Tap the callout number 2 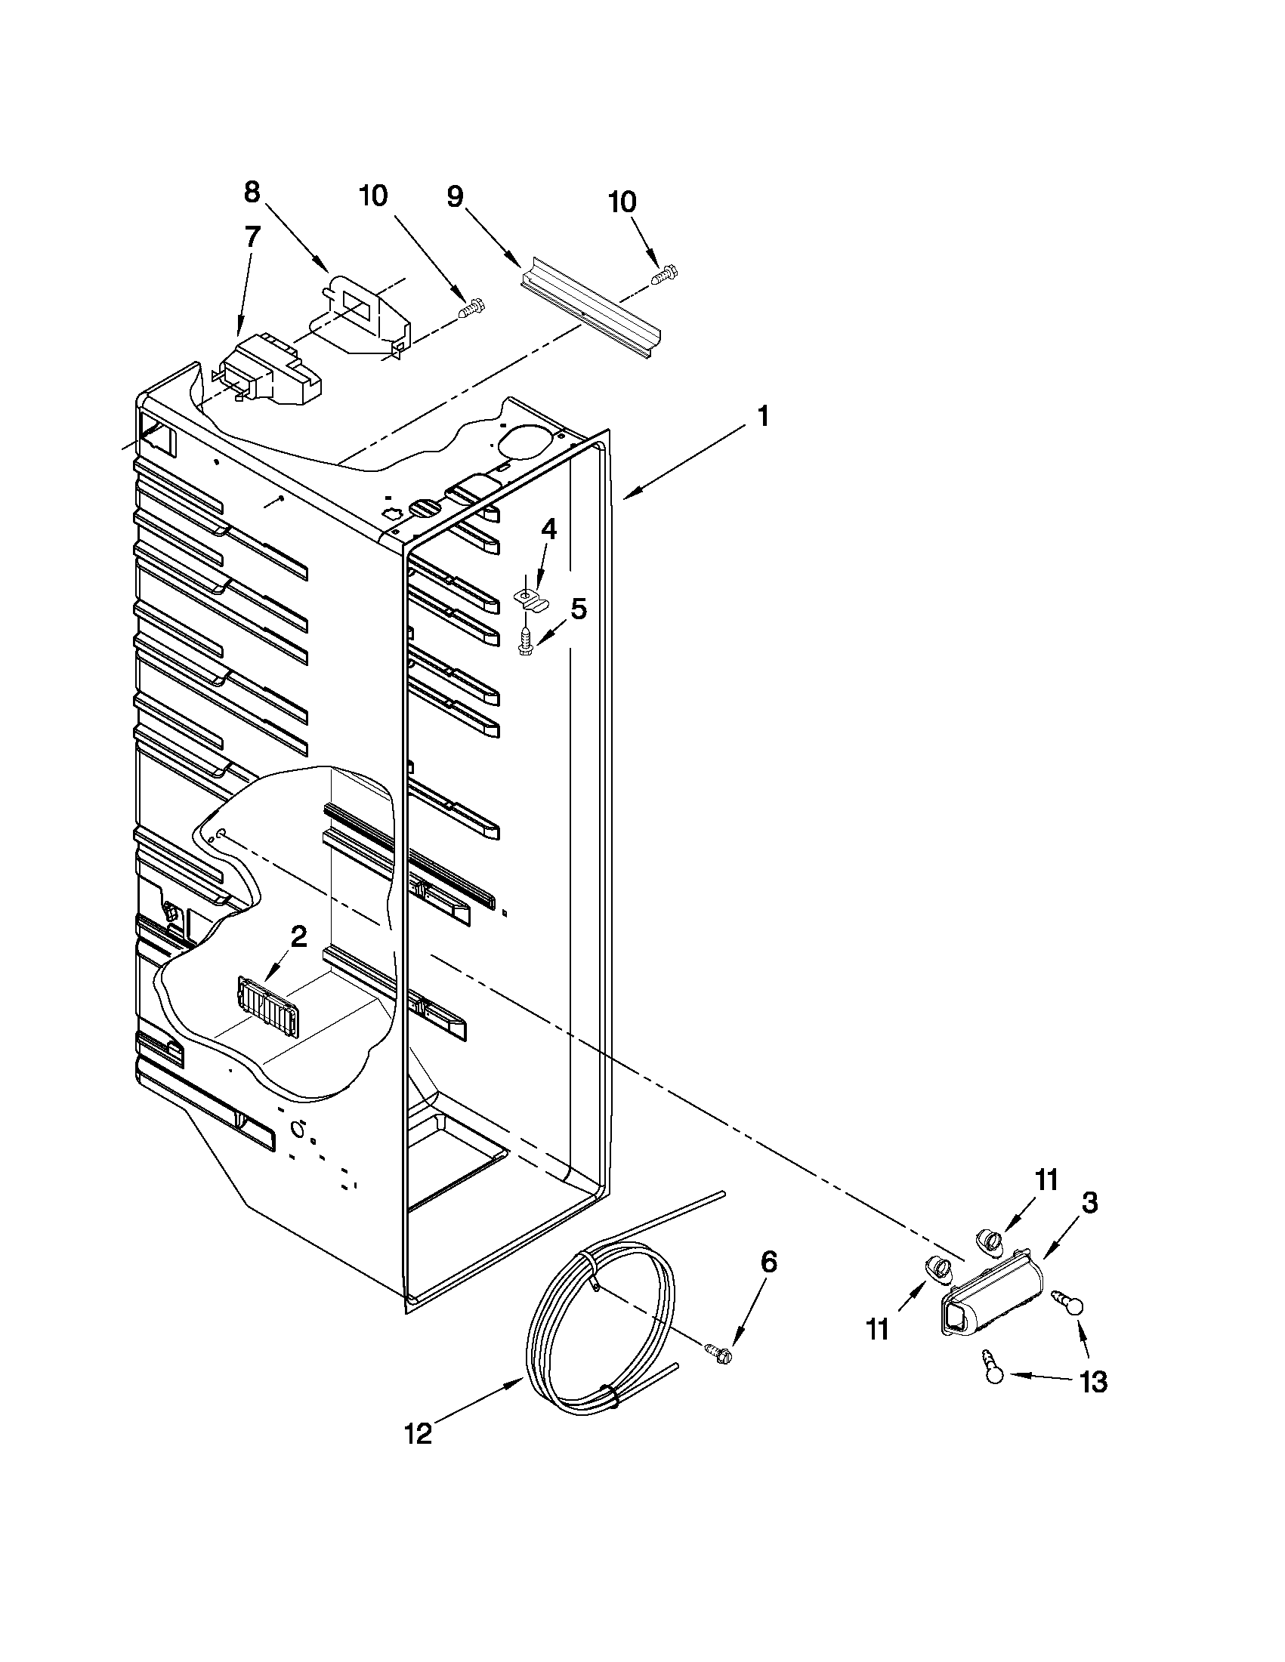click(298, 937)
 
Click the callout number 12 click(418, 1435)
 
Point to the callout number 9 click(455, 197)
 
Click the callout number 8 click(252, 193)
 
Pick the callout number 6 click(769, 1263)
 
